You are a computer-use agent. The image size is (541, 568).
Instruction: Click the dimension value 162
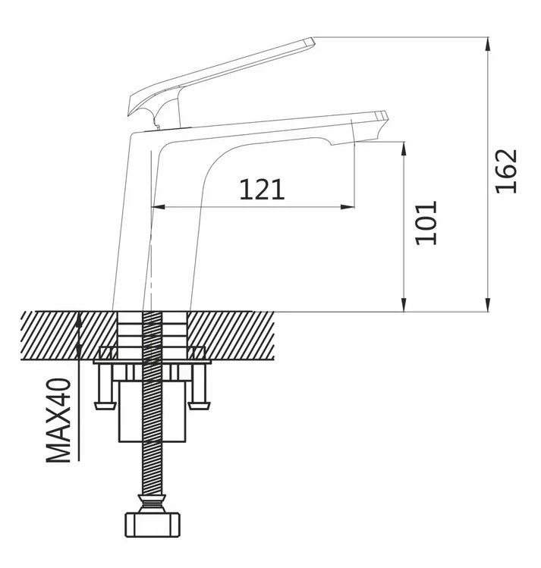507,171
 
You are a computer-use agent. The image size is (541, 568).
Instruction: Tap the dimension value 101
426,223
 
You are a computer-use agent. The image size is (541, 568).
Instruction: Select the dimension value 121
262,189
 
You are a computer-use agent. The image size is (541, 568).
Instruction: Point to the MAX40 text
58,420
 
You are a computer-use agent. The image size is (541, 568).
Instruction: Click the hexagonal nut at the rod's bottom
153,524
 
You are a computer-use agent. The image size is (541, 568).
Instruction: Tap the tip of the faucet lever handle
312,41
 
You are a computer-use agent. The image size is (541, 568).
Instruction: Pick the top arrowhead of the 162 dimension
488,43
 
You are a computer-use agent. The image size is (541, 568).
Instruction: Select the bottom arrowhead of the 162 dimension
488,304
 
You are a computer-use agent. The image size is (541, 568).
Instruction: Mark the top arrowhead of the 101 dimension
404,149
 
